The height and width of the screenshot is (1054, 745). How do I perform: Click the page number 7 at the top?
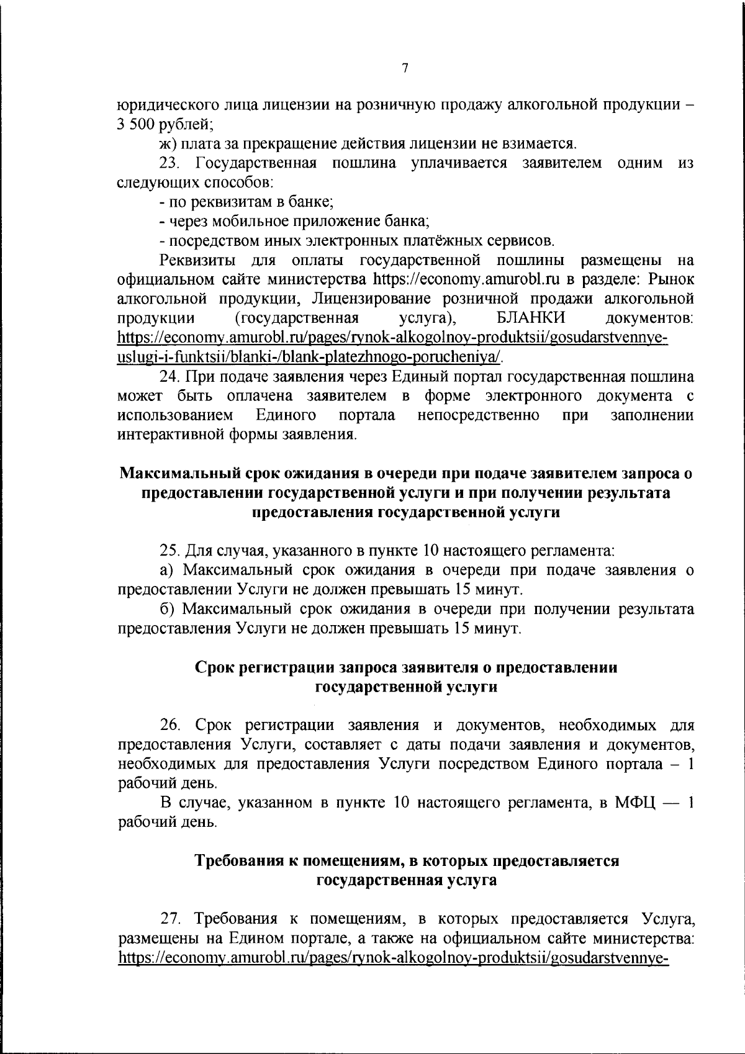coord(405,69)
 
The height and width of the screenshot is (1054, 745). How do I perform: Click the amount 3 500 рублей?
coord(165,125)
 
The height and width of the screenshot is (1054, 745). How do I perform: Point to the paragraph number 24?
coord(169,377)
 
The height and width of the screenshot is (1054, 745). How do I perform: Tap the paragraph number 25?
coord(169,550)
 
